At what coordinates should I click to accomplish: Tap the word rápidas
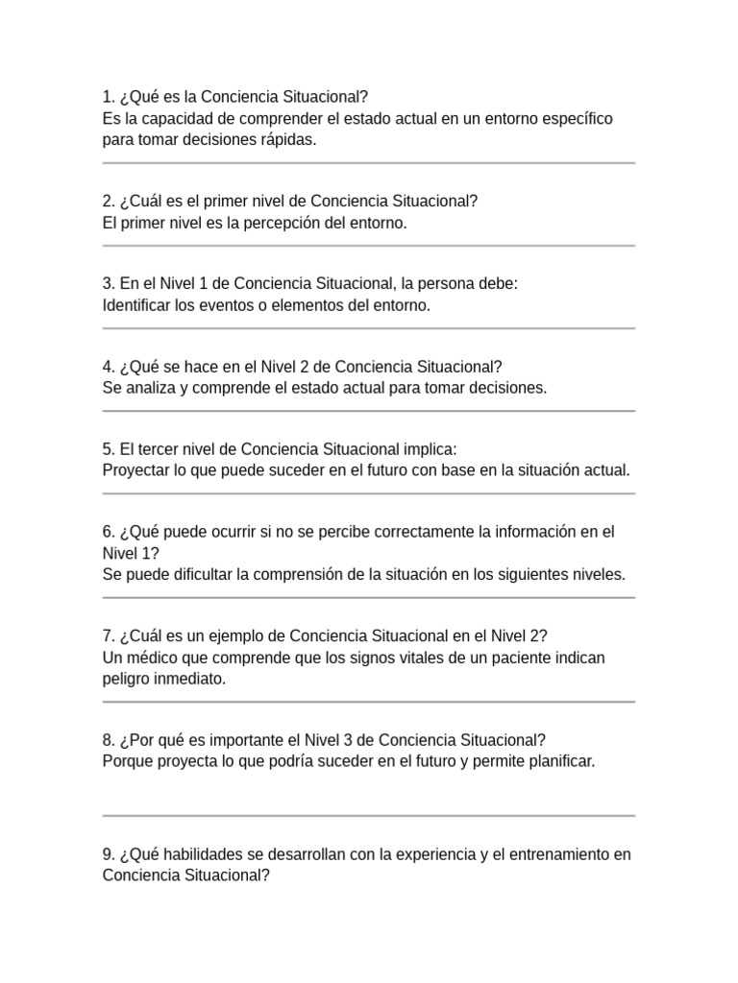(x=284, y=139)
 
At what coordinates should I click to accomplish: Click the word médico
(x=157, y=658)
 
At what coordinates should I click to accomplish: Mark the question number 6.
(x=108, y=532)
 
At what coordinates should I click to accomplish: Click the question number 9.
(x=108, y=854)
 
